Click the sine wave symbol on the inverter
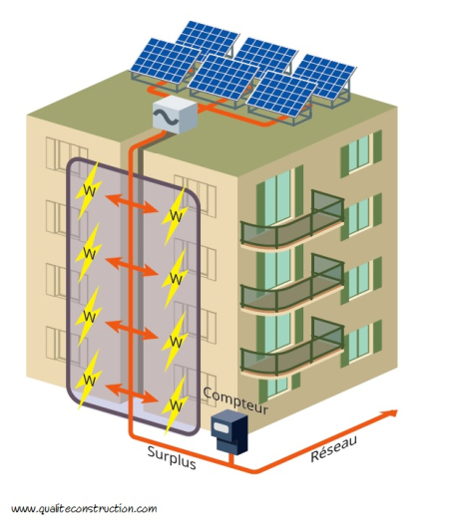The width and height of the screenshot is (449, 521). tap(166, 117)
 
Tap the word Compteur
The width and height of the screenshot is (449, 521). tap(235, 400)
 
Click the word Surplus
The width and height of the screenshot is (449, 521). tap(172, 457)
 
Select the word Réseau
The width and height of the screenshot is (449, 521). tap(334, 448)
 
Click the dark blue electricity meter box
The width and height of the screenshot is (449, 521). tap(229, 431)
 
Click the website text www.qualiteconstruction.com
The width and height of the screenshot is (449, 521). tap(84, 509)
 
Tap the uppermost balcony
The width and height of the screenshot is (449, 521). tap(292, 221)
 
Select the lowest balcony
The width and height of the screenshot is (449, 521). tap(292, 349)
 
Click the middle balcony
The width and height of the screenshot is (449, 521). tap(292, 285)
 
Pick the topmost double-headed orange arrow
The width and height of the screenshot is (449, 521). tap(132, 203)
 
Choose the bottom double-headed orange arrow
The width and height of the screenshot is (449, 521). tap(132, 393)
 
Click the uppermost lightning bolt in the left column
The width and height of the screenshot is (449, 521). tap(88, 190)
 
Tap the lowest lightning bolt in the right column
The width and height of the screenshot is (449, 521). tap(175, 404)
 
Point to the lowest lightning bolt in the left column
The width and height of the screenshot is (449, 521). tap(88, 380)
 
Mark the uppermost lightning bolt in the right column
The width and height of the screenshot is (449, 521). tap(175, 216)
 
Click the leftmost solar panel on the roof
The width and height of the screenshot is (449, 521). tap(166, 61)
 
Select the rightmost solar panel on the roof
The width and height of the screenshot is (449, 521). tap(325, 77)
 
